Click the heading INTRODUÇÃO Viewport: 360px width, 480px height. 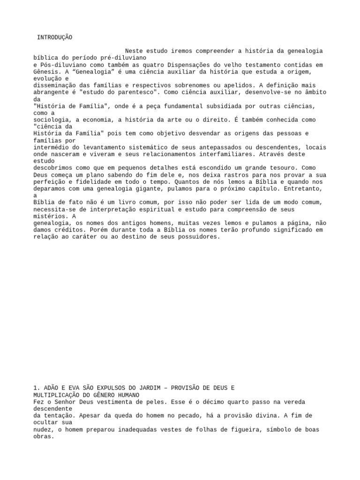[55, 37]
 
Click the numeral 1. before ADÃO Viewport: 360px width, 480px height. [37, 388]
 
